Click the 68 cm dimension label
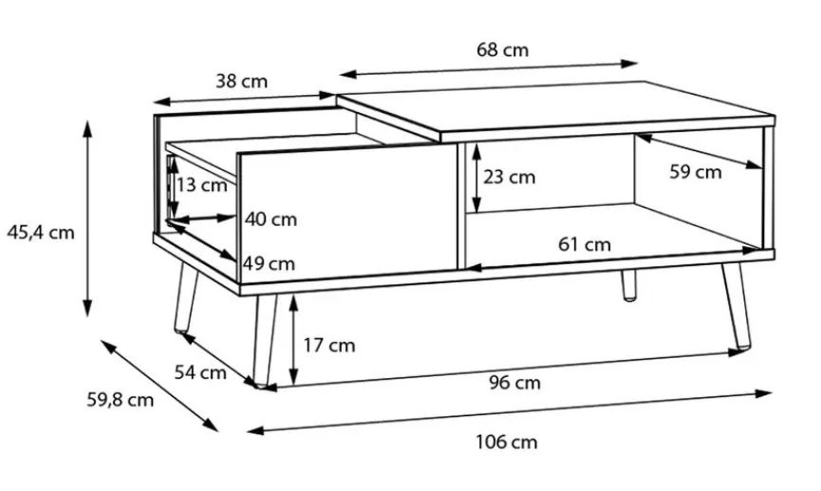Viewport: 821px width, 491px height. pyautogui.click(x=502, y=50)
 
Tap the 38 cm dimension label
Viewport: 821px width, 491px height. pyautogui.click(x=241, y=82)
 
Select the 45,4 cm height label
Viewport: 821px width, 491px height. pyautogui.click(x=40, y=231)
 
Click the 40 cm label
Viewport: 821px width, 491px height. pyautogui.click(x=271, y=219)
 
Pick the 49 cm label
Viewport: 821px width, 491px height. pyautogui.click(x=269, y=263)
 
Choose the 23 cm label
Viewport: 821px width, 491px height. pyautogui.click(x=509, y=177)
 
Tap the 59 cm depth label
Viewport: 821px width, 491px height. pyautogui.click(x=695, y=172)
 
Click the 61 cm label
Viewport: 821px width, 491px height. pyautogui.click(x=584, y=244)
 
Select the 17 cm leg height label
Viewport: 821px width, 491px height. pyautogui.click(x=328, y=345)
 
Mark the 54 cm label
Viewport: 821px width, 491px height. pyautogui.click(x=200, y=372)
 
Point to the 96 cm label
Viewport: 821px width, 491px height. pyautogui.click(x=514, y=383)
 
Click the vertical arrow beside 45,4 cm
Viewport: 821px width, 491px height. pyautogui.click(x=87, y=218)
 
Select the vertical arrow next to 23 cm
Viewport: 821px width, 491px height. pyautogui.click(x=476, y=178)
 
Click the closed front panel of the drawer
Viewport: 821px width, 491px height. pyautogui.click(x=345, y=214)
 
